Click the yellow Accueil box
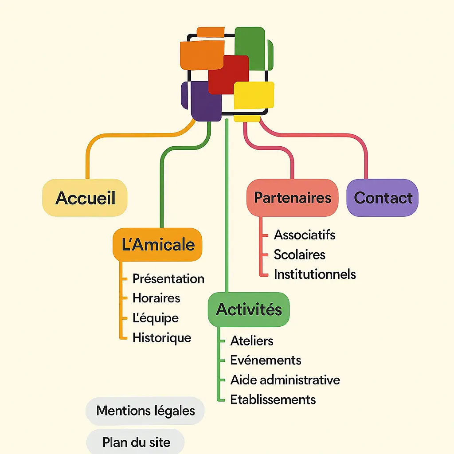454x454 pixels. click(85, 198)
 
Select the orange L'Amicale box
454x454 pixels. click(158, 245)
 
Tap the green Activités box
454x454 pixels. click(249, 309)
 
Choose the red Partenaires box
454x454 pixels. click(292, 198)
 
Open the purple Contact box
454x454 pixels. click(383, 198)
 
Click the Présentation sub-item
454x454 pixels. click(168, 279)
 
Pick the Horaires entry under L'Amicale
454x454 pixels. click(157, 298)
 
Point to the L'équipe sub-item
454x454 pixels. click(156, 318)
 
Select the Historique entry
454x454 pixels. click(162, 338)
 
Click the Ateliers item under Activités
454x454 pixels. click(252, 341)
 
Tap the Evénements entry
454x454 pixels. click(266, 360)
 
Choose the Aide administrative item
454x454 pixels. click(285, 380)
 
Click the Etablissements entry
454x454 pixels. click(273, 399)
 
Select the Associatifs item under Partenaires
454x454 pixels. click(305, 235)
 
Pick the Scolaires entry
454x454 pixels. click(300, 254)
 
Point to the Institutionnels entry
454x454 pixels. click(315, 274)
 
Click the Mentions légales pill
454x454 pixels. click(145, 411)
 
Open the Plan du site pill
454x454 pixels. click(136, 442)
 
